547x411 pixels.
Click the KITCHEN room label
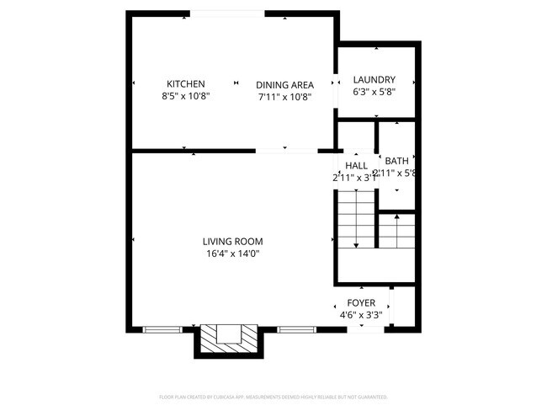(x=186, y=84)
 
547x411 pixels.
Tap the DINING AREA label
(x=285, y=84)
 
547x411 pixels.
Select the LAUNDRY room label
(x=374, y=80)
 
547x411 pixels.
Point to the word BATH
(x=396, y=161)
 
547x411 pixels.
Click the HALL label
(x=356, y=166)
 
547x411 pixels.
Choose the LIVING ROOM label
(x=232, y=242)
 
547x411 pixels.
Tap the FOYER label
(x=361, y=303)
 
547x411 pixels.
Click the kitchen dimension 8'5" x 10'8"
(x=186, y=96)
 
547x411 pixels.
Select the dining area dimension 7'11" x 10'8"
(x=285, y=96)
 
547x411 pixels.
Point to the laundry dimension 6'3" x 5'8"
(x=374, y=92)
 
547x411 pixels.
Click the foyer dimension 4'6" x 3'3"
(x=361, y=315)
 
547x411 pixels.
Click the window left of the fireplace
(x=160, y=328)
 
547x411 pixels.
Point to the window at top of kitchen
(x=226, y=13)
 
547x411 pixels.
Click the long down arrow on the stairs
(x=356, y=221)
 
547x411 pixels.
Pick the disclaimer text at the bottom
(x=273, y=397)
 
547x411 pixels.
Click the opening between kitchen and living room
(x=286, y=151)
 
